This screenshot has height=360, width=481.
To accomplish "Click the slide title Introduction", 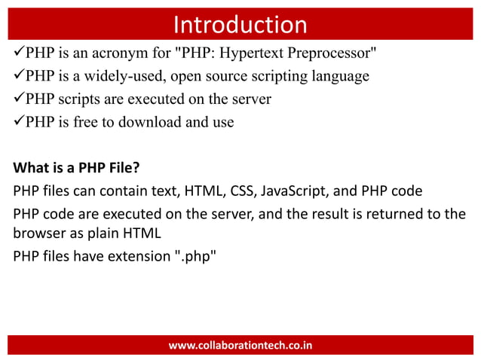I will [240, 24].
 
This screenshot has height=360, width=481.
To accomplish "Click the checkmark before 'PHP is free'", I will [18, 122].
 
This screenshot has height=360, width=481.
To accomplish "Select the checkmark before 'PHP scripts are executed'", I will [18, 99].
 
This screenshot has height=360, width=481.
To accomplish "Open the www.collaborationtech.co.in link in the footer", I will [240, 345].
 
